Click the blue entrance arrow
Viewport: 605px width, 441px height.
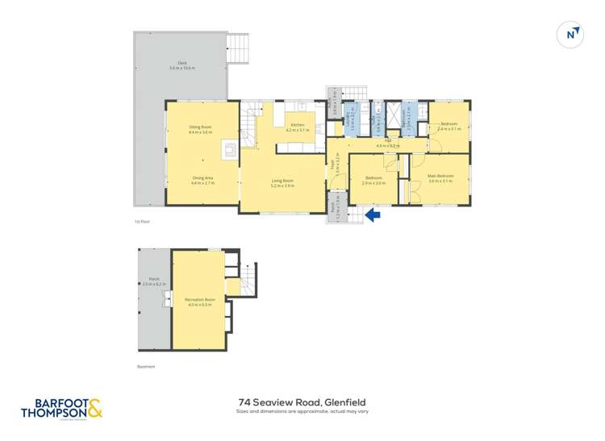click(x=372, y=215)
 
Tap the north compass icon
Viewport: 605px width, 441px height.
click(x=571, y=34)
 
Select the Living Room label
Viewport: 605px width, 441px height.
click(x=282, y=183)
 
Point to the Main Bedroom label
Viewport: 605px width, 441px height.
click(x=440, y=177)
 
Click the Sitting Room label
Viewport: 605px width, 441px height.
click(x=200, y=129)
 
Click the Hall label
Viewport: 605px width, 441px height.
click(x=387, y=143)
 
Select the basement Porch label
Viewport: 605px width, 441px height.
click(x=153, y=281)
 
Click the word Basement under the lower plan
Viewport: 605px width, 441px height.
click(x=145, y=367)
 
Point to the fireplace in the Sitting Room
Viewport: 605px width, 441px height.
click(x=230, y=148)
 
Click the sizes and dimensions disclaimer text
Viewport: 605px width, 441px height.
click(x=302, y=412)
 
